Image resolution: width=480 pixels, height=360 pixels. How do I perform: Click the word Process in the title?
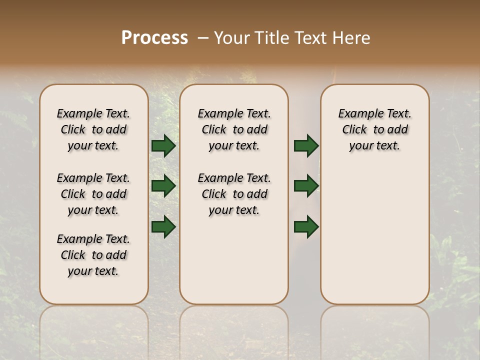point(154,38)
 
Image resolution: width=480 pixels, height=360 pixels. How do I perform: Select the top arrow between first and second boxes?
point(163,146)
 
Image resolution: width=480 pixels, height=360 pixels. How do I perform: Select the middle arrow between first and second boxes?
point(163,186)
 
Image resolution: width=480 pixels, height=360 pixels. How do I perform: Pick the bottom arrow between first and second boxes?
point(163,226)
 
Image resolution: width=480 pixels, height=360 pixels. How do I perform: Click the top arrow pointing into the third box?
point(306,146)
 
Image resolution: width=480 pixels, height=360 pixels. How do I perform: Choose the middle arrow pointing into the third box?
point(306,186)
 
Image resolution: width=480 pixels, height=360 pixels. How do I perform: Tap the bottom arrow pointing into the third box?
point(306,226)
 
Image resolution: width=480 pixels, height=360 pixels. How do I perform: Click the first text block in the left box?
point(93,129)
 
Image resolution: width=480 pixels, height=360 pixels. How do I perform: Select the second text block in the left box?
point(93,194)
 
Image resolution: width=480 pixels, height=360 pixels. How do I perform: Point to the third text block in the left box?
point(93,255)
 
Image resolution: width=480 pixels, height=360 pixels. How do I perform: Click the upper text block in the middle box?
point(234,129)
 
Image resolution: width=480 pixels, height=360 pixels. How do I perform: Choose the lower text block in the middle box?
point(234,194)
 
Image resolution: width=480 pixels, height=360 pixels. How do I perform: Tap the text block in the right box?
point(375,129)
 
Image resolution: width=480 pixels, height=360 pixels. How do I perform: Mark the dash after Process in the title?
point(202,38)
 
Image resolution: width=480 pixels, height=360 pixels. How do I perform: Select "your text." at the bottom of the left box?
point(93,271)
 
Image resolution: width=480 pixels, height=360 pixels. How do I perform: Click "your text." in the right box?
point(375,145)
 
